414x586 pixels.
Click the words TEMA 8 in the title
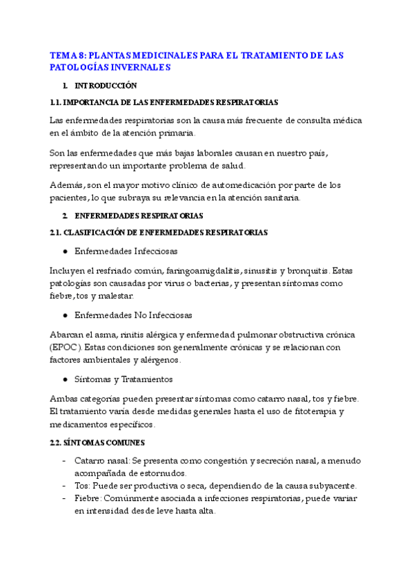68,55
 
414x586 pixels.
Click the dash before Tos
65,486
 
